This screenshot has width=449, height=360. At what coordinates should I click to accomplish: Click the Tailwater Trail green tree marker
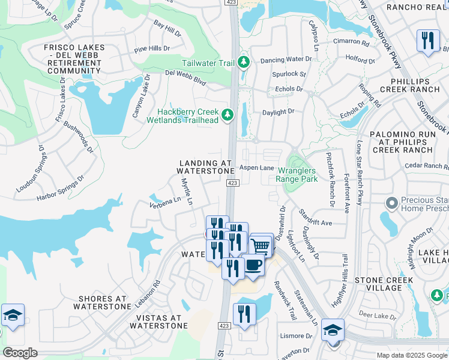tap(243, 61)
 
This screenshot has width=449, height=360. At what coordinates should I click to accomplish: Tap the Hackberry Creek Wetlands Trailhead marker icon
tap(227, 114)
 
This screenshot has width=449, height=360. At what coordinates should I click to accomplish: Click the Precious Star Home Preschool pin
tap(391, 204)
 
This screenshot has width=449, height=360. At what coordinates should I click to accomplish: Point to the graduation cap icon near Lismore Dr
tap(333, 329)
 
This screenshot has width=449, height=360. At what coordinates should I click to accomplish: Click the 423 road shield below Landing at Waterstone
tap(234, 183)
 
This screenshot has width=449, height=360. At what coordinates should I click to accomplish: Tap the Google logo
tap(20, 353)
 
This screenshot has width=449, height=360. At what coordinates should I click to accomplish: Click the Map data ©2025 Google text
tap(412, 355)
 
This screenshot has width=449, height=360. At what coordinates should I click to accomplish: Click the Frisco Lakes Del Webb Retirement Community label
tap(74, 58)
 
